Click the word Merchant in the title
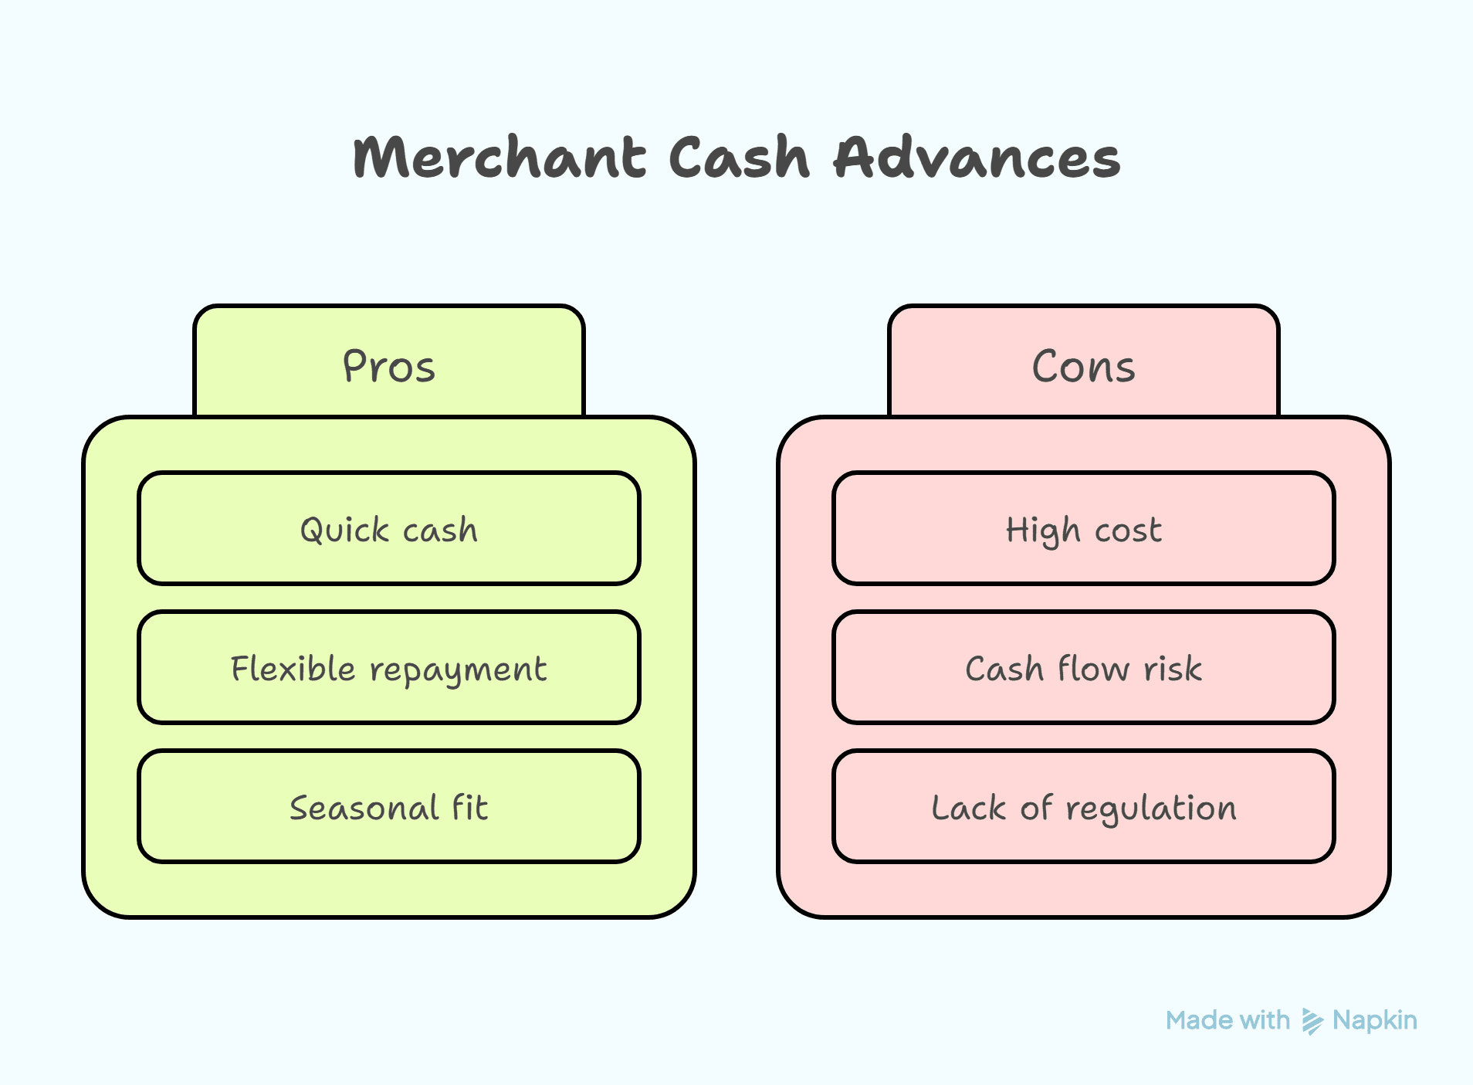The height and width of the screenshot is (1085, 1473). (x=499, y=158)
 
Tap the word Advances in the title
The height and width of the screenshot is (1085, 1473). (x=977, y=158)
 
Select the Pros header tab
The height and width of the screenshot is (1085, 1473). (x=389, y=364)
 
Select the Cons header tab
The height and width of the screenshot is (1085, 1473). (x=1083, y=364)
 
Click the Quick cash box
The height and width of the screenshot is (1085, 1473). (x=389, y=529)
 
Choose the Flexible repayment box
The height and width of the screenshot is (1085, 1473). (x=389, y=668)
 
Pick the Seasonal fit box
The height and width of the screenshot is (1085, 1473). (x=389, y=807)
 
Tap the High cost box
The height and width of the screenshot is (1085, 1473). (x=1083, y=529)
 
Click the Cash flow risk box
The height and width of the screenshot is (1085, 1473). (x=1083, y=668)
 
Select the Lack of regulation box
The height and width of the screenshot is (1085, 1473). (x=1083, y=807)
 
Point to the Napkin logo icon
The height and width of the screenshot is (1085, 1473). (x=1312, y=1021)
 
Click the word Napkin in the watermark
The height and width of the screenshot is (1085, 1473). (x=1374, y=1020)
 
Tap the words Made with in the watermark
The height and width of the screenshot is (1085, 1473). (x=1227, y=1020)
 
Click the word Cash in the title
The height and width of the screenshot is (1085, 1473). (x=739, y=158)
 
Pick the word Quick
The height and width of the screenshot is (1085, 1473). (x=344, y=531)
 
